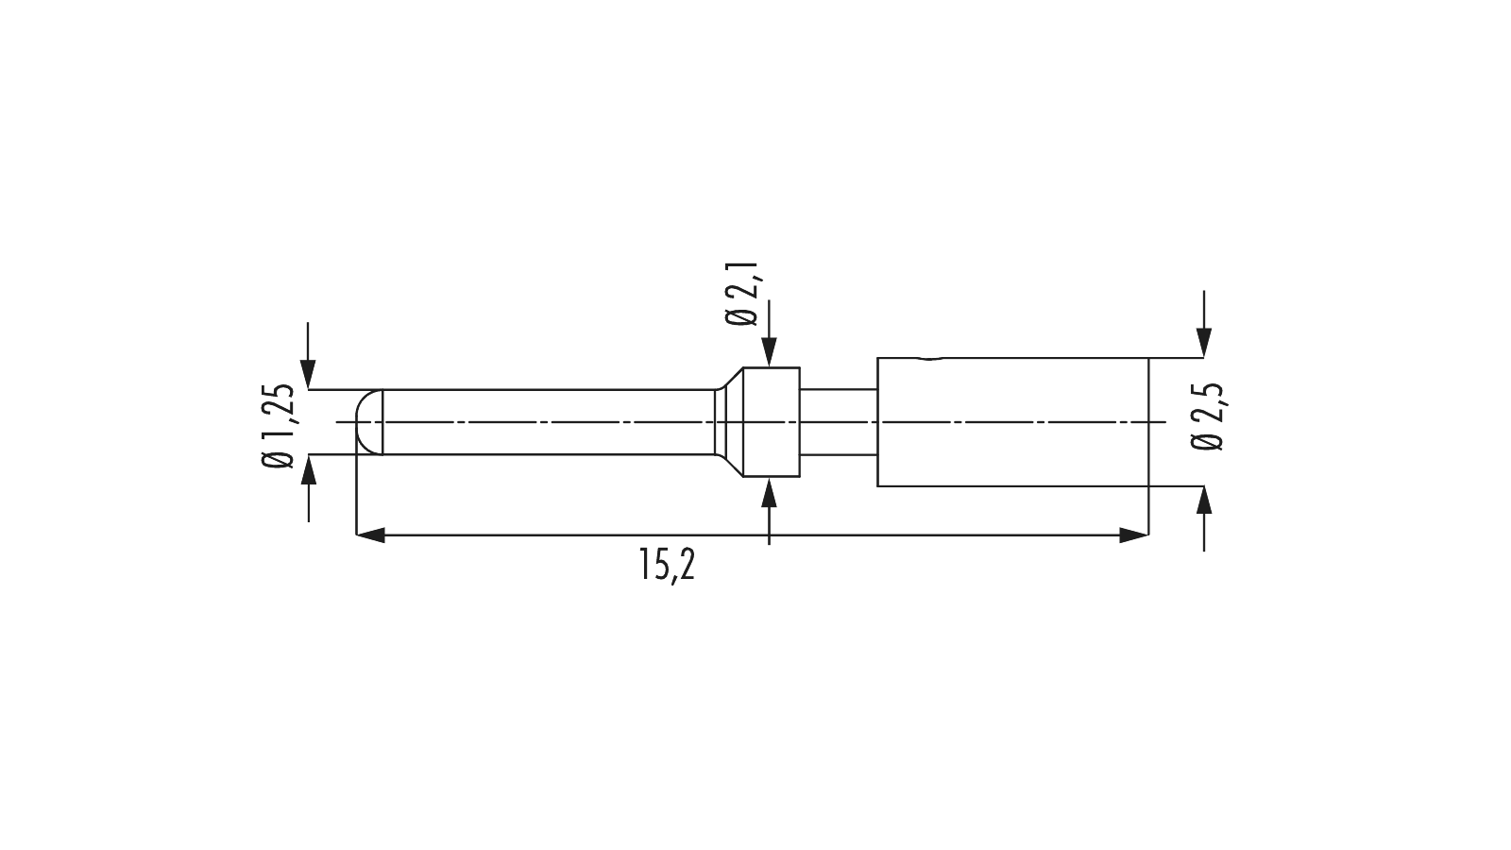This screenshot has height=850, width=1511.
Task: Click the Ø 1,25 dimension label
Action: coord(278,426)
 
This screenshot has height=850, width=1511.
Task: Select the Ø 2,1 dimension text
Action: coord(741,294)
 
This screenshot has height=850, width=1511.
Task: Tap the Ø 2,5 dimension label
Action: coord(1206,416)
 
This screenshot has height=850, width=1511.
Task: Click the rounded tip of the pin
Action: coord(368,422)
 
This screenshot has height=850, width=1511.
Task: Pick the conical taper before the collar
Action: coord(728,422)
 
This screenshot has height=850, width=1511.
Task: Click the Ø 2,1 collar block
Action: coord(771,422)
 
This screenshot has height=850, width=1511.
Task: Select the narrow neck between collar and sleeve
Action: coord(839,422)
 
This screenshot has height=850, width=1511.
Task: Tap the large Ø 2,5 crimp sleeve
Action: coord(1012,421)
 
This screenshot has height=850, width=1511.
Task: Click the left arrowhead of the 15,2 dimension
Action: coord(369,535)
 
